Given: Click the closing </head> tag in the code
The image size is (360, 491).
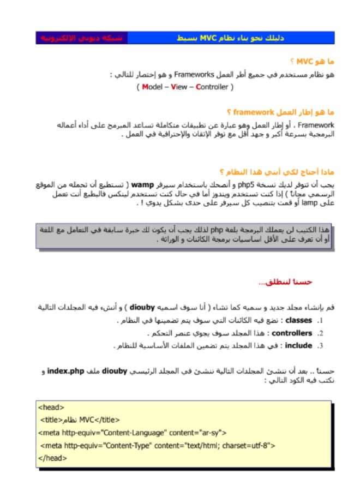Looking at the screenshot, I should tap(52, 458).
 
